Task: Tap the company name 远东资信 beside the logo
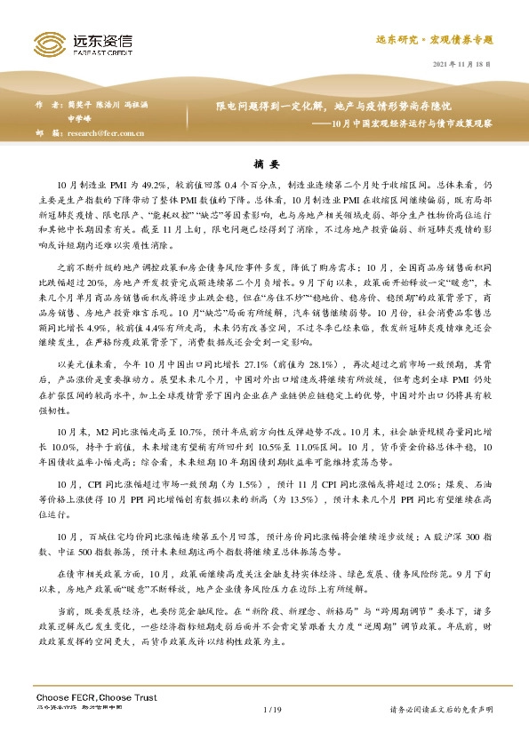click(x=98, y=39)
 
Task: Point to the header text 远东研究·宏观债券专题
click(x=444, y=40)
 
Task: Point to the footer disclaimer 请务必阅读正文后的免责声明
click(x=442, y=709)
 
